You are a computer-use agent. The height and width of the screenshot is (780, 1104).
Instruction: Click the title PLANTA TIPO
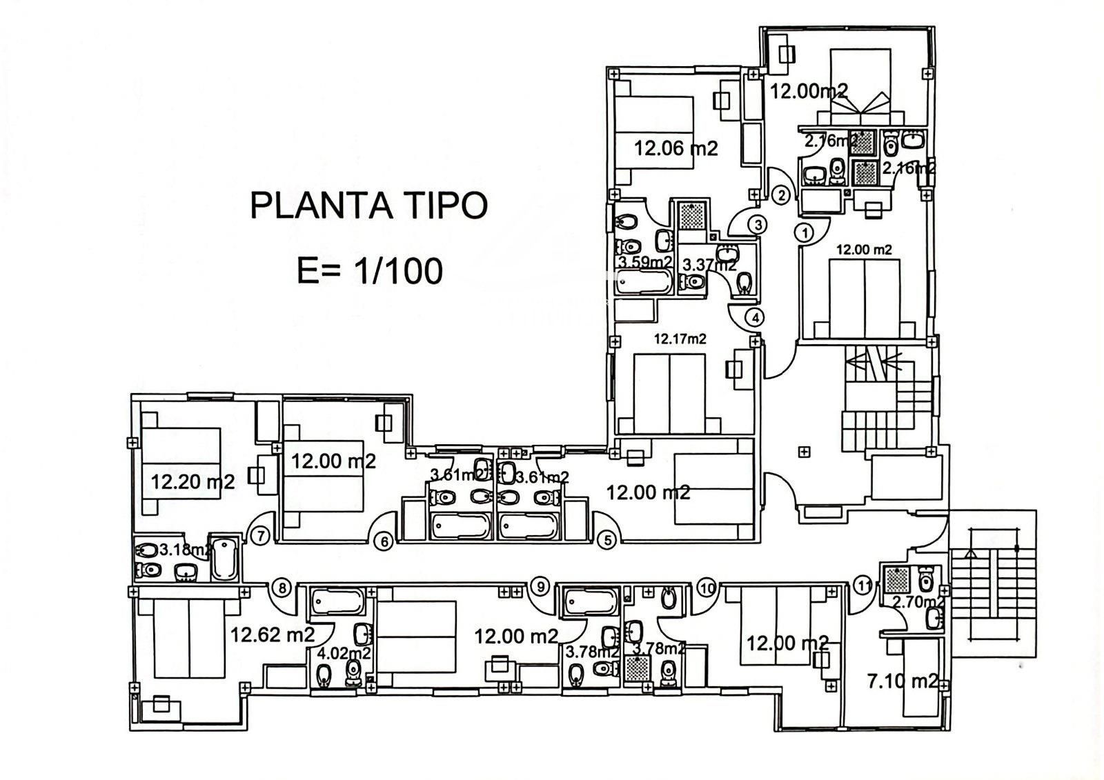pos(368,205)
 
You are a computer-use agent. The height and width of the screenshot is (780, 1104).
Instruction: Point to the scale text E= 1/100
pos(369,271)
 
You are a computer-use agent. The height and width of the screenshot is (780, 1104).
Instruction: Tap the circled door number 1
pos(805,232)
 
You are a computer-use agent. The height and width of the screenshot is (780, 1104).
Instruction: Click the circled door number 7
pos(259,534)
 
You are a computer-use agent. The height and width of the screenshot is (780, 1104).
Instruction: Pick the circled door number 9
pos(540,587)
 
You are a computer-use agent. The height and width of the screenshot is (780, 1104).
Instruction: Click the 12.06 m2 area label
pos(676,147)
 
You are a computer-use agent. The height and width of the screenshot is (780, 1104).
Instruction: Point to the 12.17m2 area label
pos(680,339)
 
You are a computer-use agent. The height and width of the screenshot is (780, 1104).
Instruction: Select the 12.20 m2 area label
pos(193,481)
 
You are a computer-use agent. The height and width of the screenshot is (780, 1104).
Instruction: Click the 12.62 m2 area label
pos(273,634)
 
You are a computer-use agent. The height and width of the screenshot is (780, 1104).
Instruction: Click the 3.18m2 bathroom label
pos(185,550)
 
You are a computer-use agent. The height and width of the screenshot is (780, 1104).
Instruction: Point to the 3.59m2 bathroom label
pos(644,262)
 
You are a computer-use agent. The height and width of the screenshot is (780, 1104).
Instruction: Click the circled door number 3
pos(757,224)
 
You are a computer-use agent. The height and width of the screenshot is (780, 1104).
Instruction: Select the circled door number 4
pos(756,318)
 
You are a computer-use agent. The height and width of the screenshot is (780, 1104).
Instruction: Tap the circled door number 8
pos(281,588)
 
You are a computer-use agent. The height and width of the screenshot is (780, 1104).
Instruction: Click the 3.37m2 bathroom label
pos(709,263)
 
